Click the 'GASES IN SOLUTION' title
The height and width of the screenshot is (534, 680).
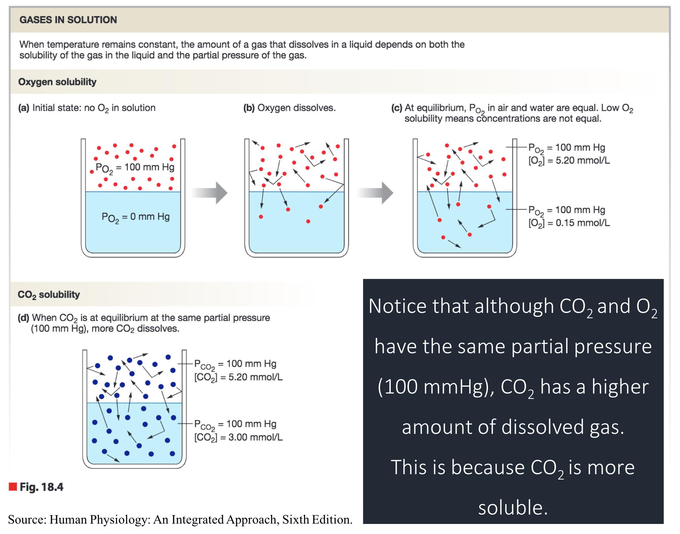[x=68, y=20]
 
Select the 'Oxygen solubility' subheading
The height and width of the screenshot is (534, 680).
[x=57, y=82]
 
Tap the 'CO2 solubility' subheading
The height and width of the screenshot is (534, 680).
[x=49, y=294]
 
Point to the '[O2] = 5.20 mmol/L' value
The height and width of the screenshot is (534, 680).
[x=569, y=161]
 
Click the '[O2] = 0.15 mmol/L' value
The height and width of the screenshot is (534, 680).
[x=569, y=223]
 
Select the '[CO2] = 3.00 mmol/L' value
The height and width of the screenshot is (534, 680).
[x=238, y=437]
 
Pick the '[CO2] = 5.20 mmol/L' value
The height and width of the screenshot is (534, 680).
[x=238, y=377]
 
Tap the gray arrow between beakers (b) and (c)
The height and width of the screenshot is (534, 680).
[x=375, y=193]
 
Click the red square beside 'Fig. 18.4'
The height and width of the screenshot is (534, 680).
[x=13, y=486]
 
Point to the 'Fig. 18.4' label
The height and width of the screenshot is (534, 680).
[x=41, y=487]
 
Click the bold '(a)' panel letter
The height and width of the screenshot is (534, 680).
[x=24, y=108]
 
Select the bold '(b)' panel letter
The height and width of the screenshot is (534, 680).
[x=249, y=108]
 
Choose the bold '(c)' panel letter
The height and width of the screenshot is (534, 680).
[x=396, y=108]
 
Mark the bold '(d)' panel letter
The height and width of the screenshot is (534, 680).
[x=24, y=318]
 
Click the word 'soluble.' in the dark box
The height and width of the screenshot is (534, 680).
[x=513, y=507]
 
